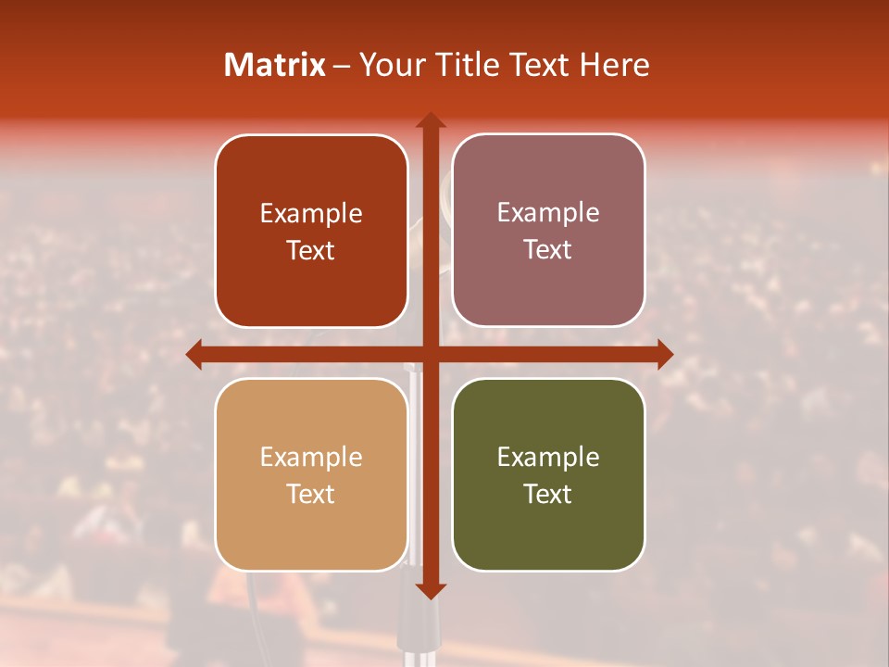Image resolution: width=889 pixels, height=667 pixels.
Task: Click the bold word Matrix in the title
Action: (275, 65)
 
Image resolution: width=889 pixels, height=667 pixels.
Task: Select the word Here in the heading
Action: (614, 65)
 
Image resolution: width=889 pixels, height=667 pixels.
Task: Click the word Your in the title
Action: (389, 65)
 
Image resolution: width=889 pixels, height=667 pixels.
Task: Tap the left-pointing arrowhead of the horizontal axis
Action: (194, 354)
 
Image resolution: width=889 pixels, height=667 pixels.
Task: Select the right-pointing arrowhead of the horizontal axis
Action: (664, 354)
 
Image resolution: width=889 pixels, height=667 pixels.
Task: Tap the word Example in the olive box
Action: (548, 457)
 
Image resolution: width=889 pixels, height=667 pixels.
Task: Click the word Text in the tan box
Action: (311, 494)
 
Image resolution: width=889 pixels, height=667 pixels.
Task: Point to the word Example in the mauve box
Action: (548, 212)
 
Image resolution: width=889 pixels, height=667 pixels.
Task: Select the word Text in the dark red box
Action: (311, 250)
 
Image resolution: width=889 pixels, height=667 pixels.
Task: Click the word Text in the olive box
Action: (548, 494)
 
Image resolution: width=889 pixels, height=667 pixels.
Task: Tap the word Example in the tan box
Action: (311, 457)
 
